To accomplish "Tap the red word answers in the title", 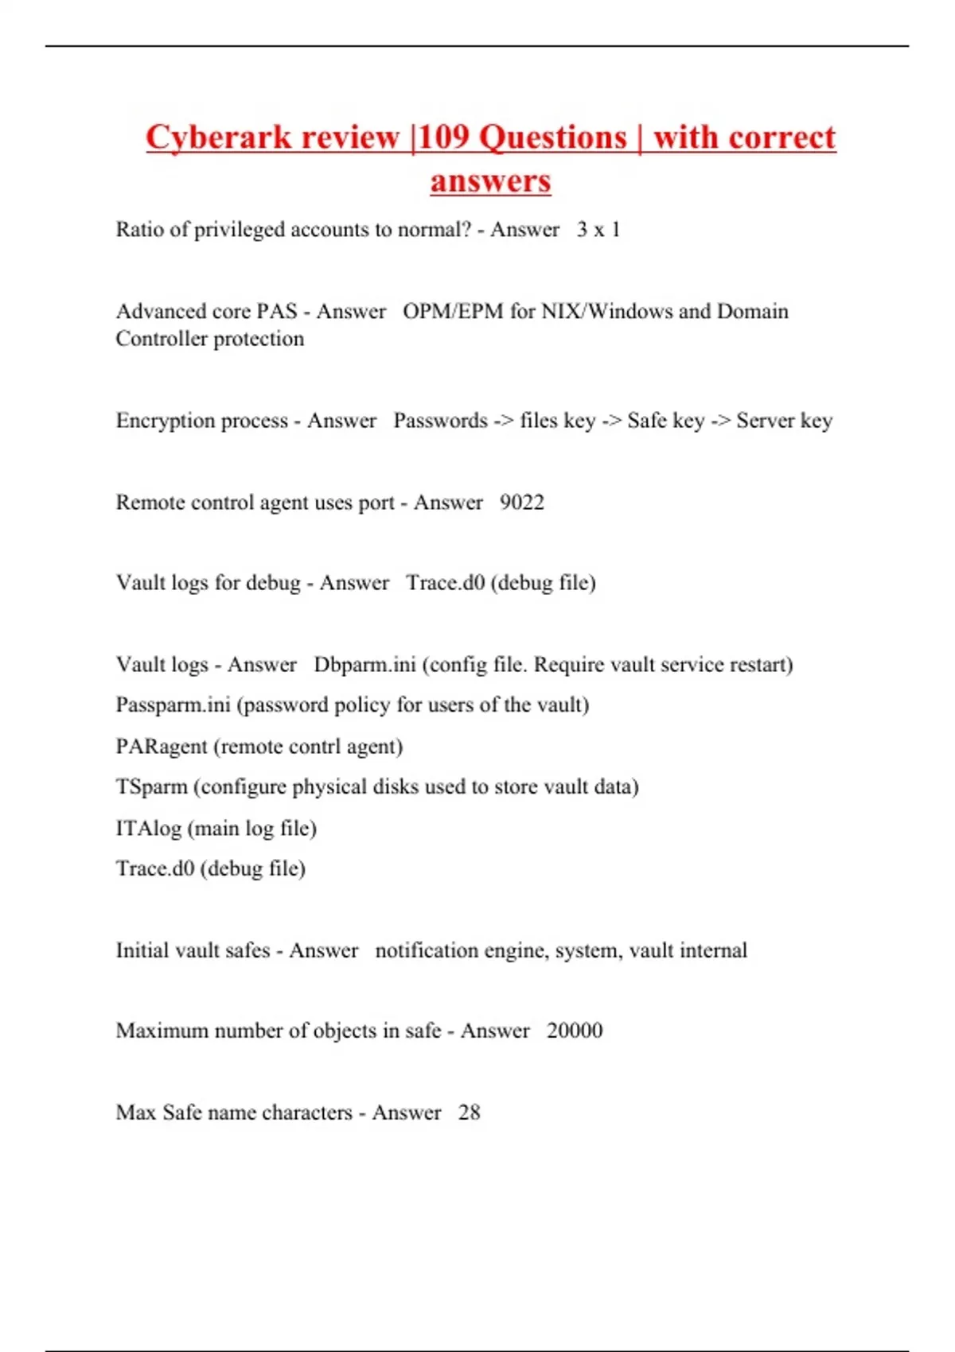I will tap(490, 181).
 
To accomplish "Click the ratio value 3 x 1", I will tap(598, 230).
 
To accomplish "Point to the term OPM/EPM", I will tap(453, 311).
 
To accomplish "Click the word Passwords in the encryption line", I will tap(440, 421).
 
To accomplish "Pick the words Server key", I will tap(784, 421).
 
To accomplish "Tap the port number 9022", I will tap(522, 503).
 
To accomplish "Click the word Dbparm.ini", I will tap(364, 665).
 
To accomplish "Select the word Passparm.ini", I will tap(173, 705).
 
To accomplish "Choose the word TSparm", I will tap(151, 787).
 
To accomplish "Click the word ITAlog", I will tap(148, 829).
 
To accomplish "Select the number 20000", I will tap(575, 1031).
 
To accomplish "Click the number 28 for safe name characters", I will tap(469, 1113).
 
